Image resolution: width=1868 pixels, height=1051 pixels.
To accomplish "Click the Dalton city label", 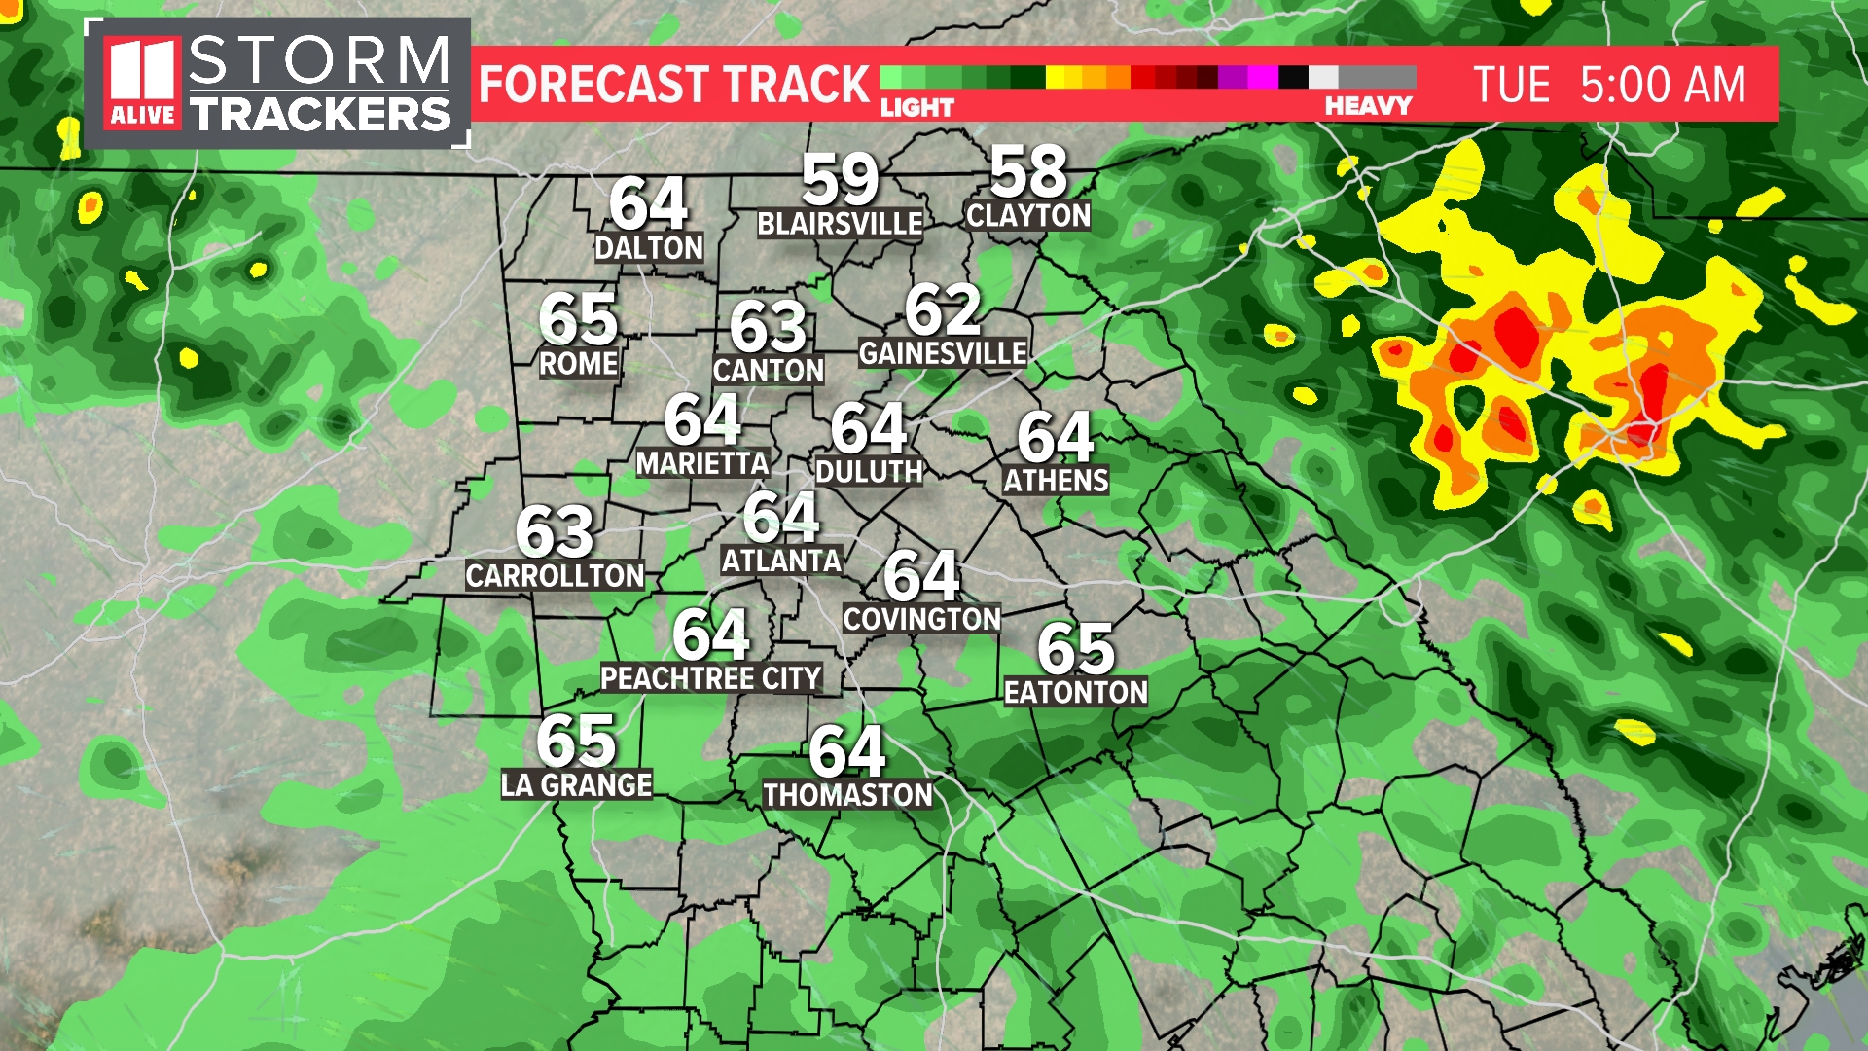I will coord(649,248).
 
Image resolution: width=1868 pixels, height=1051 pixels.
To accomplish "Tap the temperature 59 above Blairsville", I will coord(840,180).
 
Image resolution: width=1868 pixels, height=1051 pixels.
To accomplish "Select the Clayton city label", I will coord(1028,215).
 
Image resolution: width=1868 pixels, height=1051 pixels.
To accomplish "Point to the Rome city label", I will coord(579,364).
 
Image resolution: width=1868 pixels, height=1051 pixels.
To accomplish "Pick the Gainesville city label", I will coord(943,353).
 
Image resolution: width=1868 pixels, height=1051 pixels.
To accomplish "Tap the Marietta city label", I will coord(702,464).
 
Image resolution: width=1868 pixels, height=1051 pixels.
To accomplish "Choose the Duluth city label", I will coord(869,472).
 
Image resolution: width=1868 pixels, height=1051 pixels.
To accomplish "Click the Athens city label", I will coord(1056,481).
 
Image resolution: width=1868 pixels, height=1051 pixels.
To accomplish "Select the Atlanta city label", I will coord(781,562).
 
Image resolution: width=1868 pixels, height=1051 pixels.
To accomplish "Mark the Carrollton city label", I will coord(555,576).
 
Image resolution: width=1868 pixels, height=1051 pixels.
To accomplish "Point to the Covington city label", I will coord(921,620).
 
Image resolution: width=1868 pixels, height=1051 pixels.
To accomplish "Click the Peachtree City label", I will coord(711,678).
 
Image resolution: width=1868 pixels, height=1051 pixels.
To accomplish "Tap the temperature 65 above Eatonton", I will coord(1075,649).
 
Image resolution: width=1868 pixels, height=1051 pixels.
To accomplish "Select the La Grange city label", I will coord(576,785).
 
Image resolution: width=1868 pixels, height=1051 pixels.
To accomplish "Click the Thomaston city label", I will coord(847,796).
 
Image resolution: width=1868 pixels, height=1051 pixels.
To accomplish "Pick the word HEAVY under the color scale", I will coord(1367,106).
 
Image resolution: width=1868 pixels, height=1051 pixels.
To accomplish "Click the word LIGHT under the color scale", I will coord(917,107).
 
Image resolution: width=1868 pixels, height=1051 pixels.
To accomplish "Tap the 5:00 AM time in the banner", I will coord(1663,85).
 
